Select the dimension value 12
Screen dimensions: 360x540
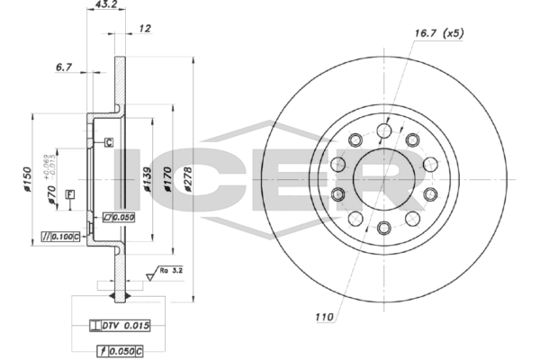(145, 29)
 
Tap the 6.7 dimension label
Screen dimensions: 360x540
(63, 66)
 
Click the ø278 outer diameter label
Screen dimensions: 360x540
(188, 179)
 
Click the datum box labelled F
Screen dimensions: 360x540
(69, 195)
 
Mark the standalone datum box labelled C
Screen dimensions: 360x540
(108, 142)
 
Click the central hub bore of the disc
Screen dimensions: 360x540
(384, 174)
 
